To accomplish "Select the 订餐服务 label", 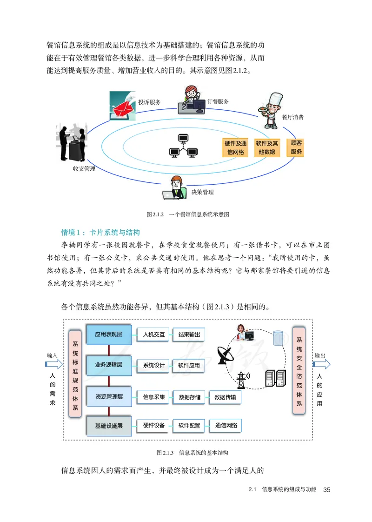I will point(218,101).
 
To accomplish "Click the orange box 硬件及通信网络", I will point(235,147).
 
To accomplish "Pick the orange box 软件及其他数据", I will point(267,147).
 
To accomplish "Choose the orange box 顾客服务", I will point(296,147).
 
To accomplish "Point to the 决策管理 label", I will point(202,192).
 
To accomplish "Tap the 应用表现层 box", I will point(109,334).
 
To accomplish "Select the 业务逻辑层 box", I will point(109,365).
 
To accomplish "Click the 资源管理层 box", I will point(109,396).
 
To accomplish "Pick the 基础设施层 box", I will point(109,425).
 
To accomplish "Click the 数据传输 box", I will point(225,397).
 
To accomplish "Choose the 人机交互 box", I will point(154,335).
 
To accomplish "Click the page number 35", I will point(326,489).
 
